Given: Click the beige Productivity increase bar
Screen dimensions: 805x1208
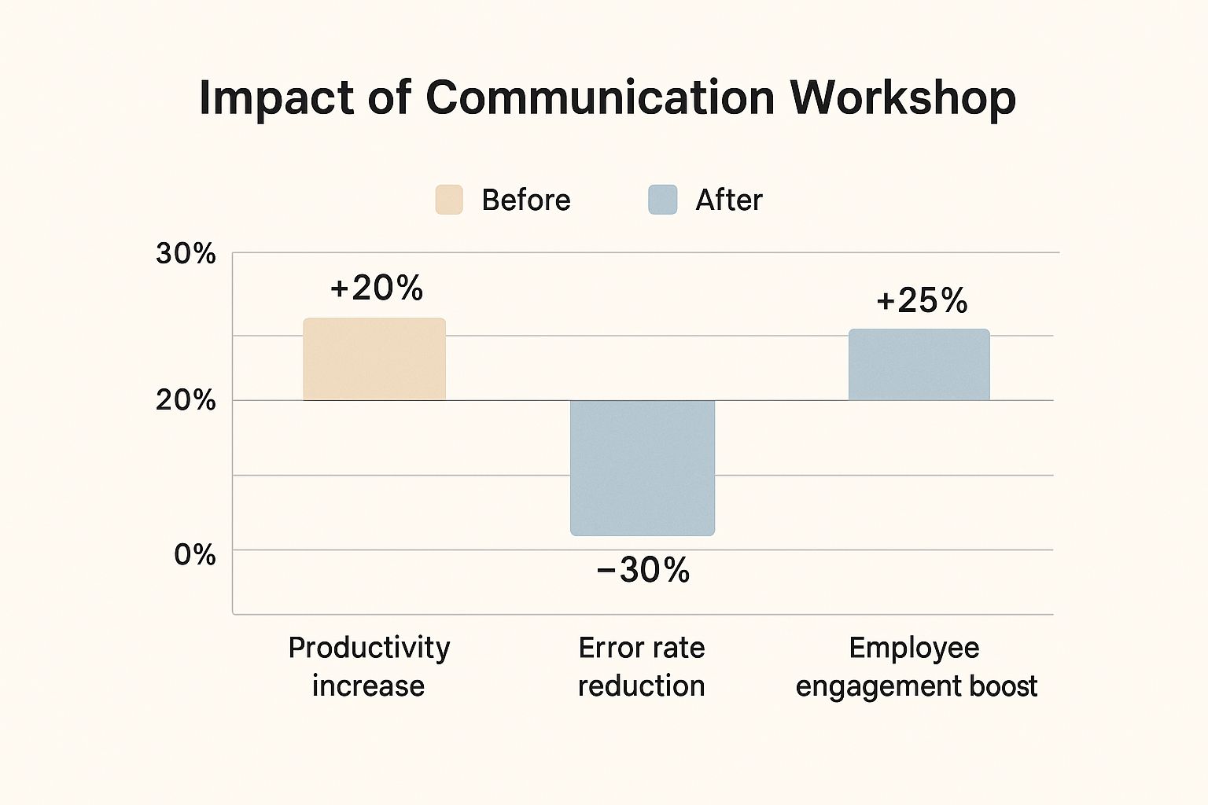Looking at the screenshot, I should coord(374,359).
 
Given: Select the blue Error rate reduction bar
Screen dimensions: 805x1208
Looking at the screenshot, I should coord(643,468).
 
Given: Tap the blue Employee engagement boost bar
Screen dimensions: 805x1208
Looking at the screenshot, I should coord(919,365).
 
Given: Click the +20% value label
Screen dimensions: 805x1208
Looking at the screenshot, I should coord(377,289).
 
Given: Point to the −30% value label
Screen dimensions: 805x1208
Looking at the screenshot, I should coord(643,570).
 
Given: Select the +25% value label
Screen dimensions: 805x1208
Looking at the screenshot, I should coord(922,301).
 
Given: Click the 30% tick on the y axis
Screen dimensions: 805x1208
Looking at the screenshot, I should coord(186,254).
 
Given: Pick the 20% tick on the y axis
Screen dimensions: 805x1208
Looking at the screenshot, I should coord(186,400).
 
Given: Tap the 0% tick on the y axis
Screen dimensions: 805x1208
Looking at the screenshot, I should coord(194,555).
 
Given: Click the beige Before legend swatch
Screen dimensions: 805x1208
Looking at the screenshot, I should coord(449,200).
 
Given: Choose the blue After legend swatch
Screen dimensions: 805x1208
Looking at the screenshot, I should coord(662,200).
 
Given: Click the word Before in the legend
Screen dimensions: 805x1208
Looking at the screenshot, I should coord(525,200).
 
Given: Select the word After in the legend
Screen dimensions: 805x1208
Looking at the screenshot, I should coord(728,200).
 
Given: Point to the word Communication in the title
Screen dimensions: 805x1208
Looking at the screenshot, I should coord(600,98).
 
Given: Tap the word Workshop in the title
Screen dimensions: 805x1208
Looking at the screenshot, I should coord(903,98).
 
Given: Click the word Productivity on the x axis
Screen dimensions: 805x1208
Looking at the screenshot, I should coord(369,648).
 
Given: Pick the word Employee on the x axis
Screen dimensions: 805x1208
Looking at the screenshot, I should coord(914,648).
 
